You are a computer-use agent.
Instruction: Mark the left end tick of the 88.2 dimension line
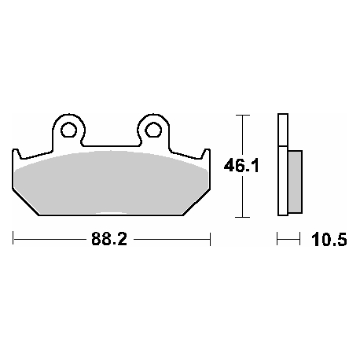[13, 238]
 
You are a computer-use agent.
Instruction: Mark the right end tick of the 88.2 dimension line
[211, 238]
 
